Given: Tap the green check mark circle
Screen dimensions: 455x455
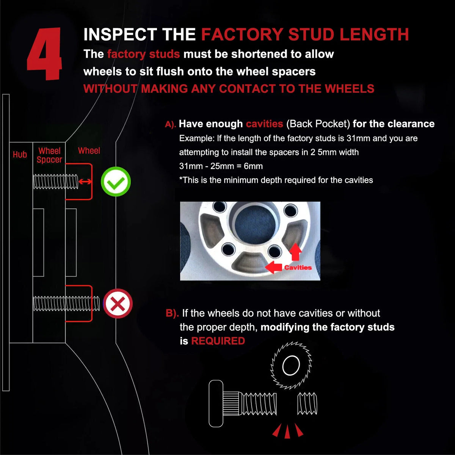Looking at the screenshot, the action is point(116,181).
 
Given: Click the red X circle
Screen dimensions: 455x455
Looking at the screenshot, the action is point(118,303).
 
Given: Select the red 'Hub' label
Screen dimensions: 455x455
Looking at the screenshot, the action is point(20,154).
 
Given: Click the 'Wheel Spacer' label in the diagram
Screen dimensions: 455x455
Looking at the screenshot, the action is point(49,155).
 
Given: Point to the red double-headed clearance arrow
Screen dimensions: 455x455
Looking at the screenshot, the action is point(85,181).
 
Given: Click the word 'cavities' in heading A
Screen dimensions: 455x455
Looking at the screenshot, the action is point(264,124).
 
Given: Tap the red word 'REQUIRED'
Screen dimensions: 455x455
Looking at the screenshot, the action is point(218,341).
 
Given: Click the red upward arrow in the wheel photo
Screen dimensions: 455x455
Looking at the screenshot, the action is point(295,252).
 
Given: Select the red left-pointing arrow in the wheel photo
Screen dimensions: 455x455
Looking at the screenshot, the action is point(273,267).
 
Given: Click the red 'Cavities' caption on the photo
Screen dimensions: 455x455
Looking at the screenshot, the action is point(298,268).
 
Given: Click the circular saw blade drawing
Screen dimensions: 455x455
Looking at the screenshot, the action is point(291,365).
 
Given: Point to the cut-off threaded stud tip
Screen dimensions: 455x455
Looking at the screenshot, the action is point(307,403).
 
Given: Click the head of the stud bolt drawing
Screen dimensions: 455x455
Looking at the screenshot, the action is point(216,403).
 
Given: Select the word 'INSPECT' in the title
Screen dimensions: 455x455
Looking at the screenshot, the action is point(121,35).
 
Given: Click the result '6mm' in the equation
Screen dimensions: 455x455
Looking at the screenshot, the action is point(253,166).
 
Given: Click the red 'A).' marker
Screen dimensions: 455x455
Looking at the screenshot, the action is point(171,124).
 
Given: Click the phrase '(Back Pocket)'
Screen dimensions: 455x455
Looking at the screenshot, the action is point(318,124).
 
